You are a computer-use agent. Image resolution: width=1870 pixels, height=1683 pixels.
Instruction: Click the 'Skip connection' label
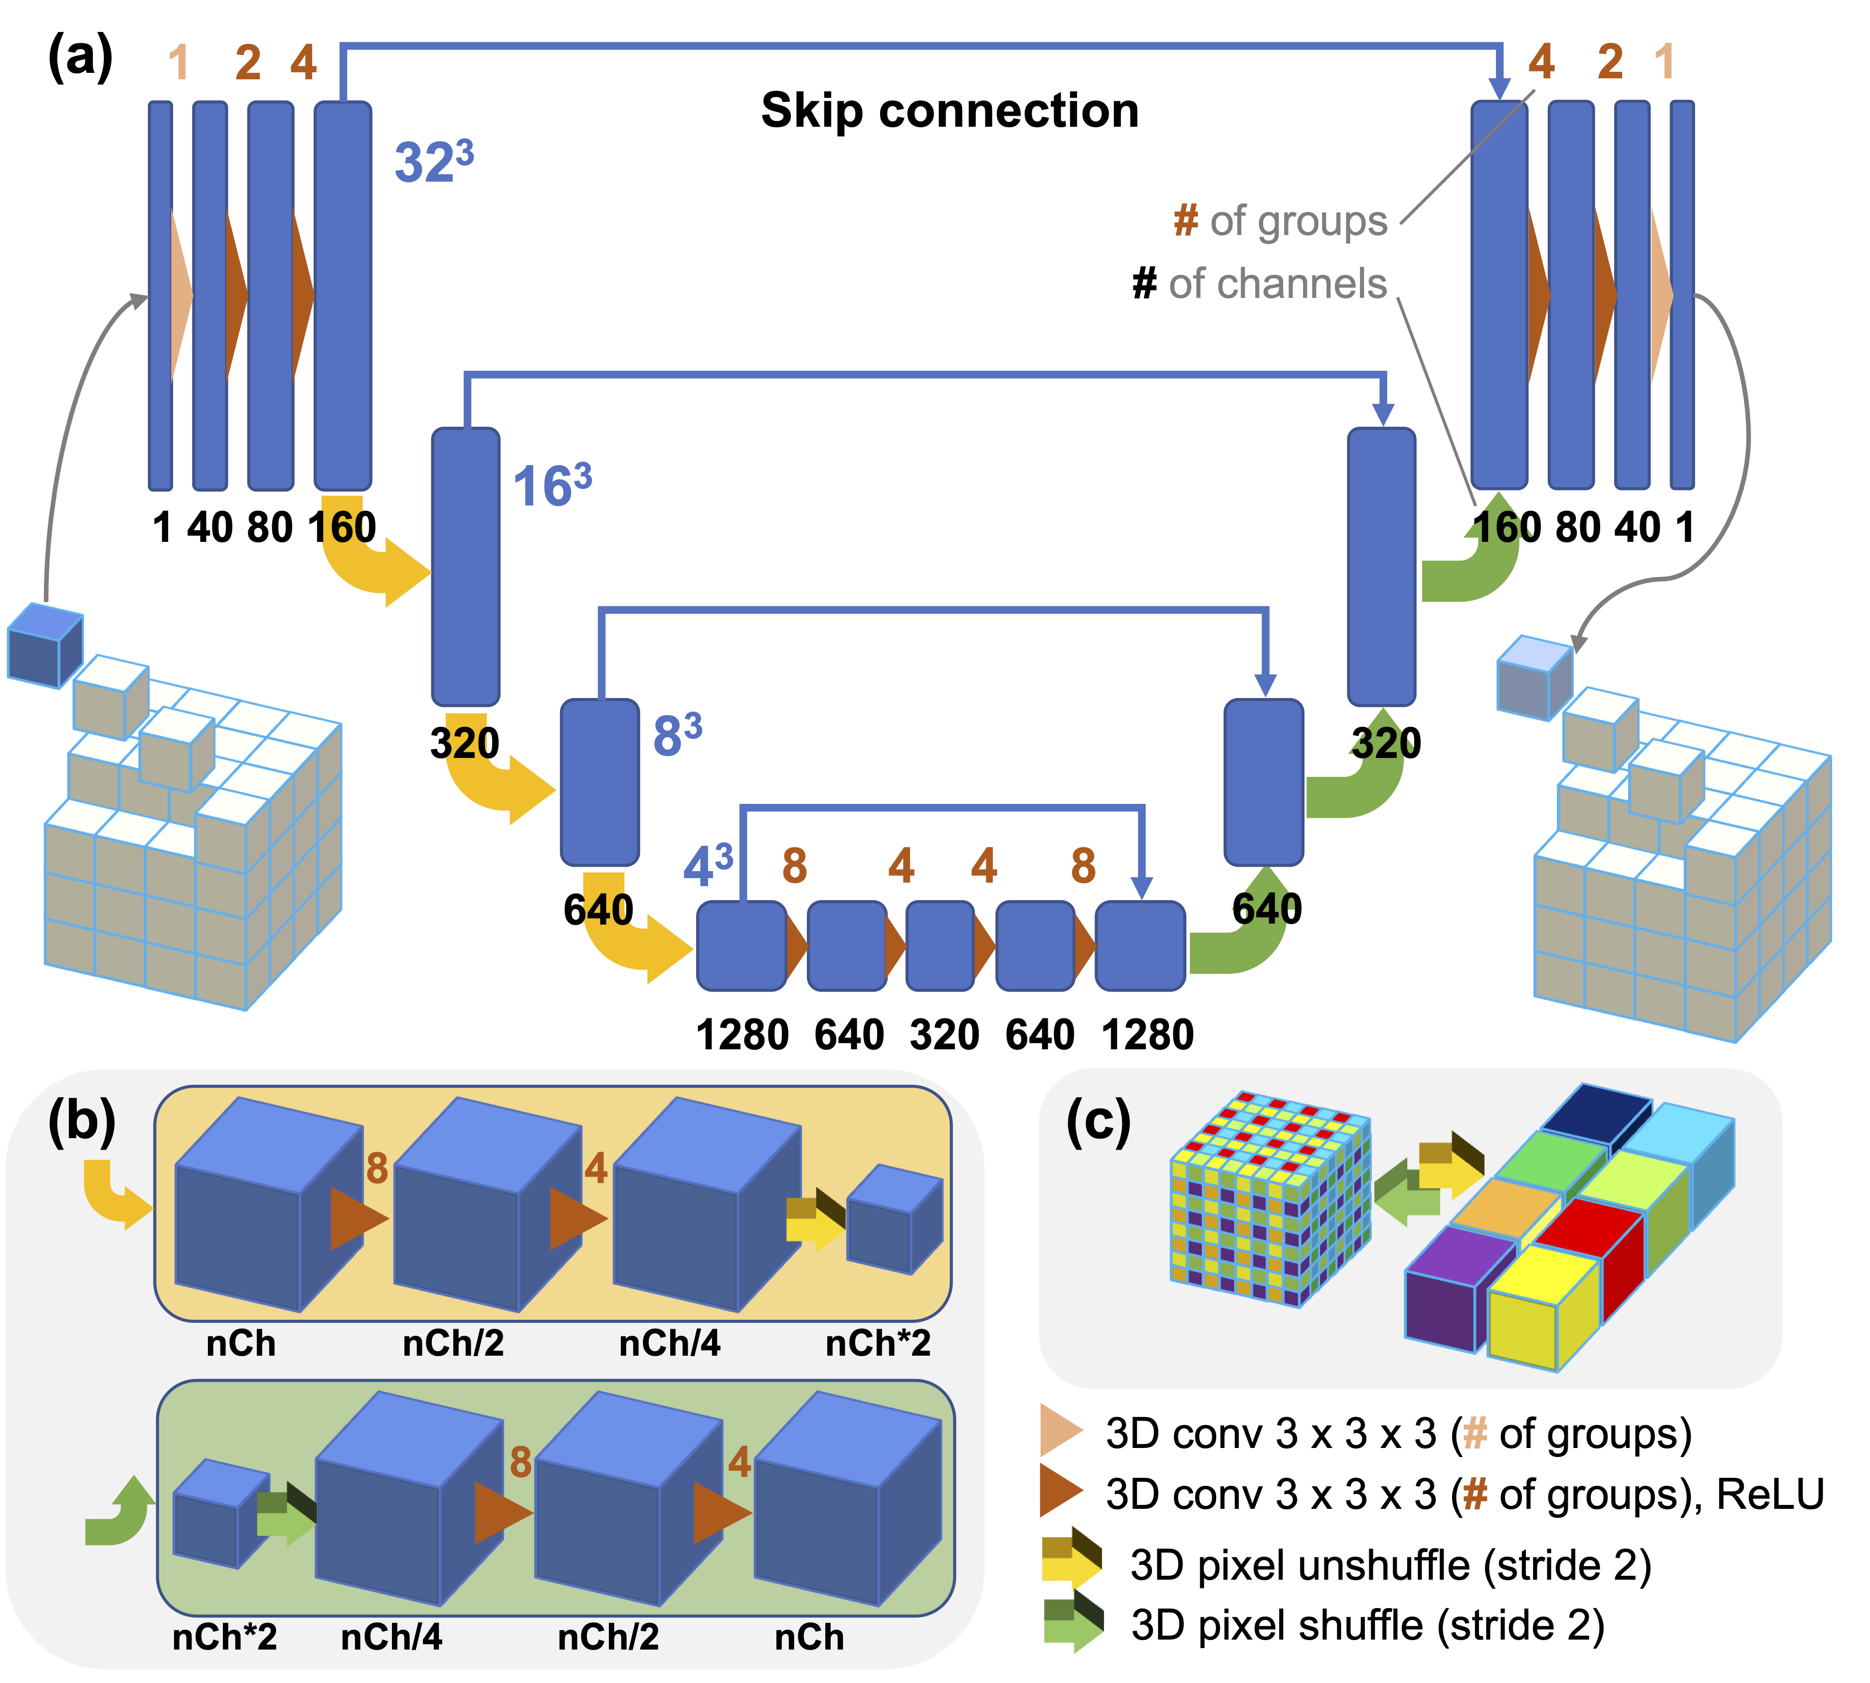[949, 111]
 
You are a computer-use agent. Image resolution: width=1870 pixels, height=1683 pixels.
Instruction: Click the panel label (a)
[80, 57]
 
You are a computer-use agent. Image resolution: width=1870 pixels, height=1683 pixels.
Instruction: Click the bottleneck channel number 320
[944, 1034]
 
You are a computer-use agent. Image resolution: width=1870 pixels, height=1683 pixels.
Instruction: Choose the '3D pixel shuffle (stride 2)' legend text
[1368, 1626]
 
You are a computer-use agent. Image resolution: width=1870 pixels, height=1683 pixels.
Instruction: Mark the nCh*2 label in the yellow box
[877, 1343]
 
